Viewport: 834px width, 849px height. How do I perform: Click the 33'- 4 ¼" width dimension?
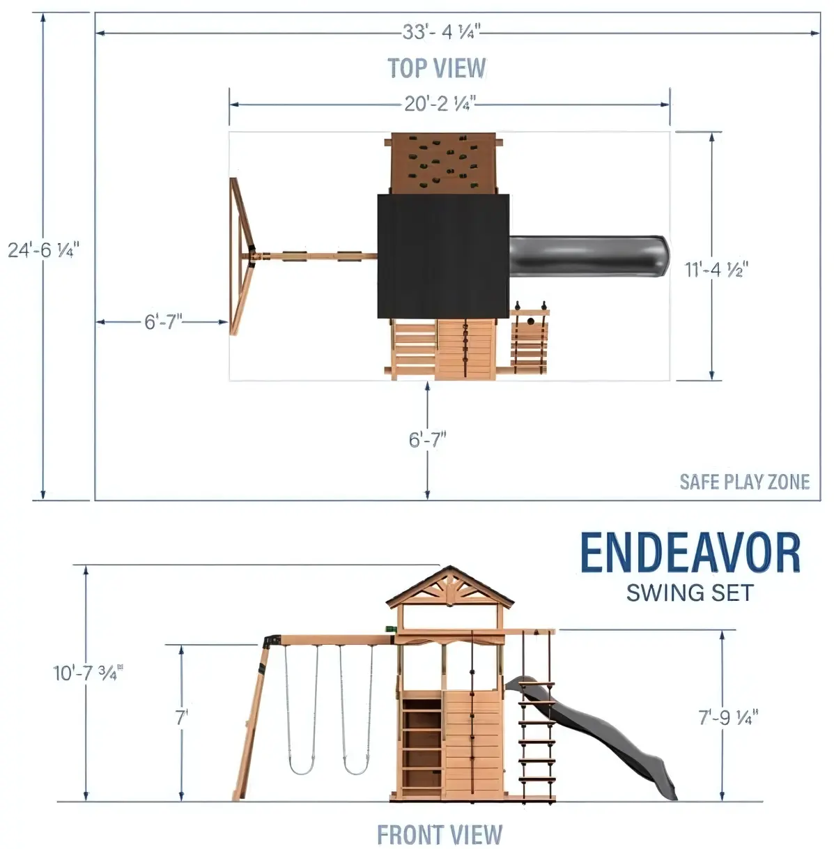click(x=441, y=32)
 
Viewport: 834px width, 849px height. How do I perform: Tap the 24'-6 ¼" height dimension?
click(x=43, y=250)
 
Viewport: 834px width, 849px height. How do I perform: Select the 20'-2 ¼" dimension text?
click(x=440, y=104)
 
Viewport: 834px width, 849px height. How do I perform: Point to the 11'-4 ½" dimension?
click(x=716, y=269)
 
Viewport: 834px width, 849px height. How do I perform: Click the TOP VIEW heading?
click(x=437, y=68)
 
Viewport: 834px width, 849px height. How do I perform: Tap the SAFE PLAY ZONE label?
click(x=745, y=482)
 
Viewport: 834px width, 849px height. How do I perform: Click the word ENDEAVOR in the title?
click(x=690, y=553)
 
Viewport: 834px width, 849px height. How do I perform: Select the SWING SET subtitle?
click(x=690, y=592)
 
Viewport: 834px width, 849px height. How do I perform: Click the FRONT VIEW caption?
click(x=440, y=834)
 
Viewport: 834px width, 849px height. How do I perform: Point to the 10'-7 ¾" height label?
click(x=88, y=673)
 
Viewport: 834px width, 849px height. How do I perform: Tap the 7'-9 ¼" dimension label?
click(x=729, y=717)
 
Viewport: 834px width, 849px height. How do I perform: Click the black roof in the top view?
click(x=443, y=256)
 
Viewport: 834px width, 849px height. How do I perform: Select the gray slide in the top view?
click(x=589, y=257)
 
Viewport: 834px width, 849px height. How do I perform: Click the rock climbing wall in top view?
click(x=442, y=164)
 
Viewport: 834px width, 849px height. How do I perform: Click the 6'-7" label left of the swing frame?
click(x=163, y=322)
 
